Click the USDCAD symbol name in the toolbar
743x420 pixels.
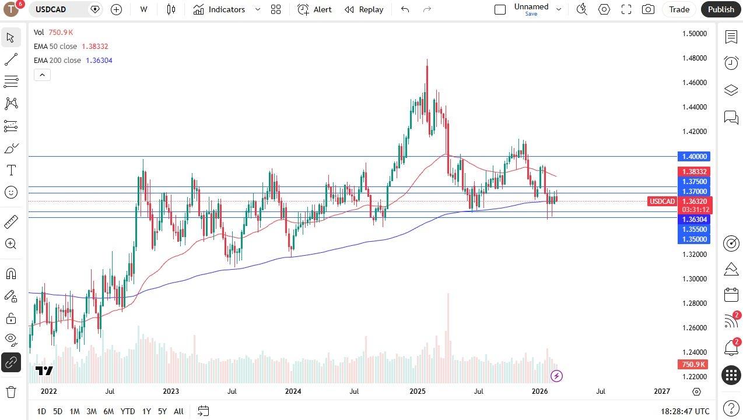pyautogui.click(x=51, y=9)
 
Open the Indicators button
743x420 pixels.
pyautogui.click(x=226, y=9)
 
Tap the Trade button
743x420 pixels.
pyautogui.click(x=679, y=9)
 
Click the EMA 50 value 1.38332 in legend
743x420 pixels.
pyautogui.click(x=95, y=47)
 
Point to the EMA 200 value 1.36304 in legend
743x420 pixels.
pyautogui.click(x=99, y=61)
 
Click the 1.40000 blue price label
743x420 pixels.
pyautogui.click(x=693, y=157)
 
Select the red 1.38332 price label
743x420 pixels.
pyautogui.click(x=693, y=172)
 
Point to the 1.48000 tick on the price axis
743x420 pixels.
pyautogui.click(x=694, y=58)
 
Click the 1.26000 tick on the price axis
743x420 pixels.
pyautogui.click(x=694, y=328)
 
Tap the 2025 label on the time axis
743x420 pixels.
pyautogui.click(x=417, y=391)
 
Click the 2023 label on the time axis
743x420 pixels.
pyautogui.click(x=171, y=391)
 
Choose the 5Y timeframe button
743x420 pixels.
pyautogui.click(x=162, y=411)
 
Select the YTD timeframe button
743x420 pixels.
pyautogui.click(x=128, y=411)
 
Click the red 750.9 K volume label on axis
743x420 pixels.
pyautogui.click(x=693, y=365)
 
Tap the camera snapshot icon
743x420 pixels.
pyautogui.click(x=647, y=9)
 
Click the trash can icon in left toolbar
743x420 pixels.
pyautogui.click(x=11, y=391)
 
